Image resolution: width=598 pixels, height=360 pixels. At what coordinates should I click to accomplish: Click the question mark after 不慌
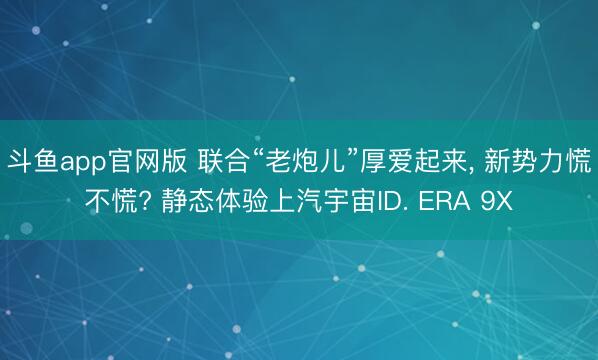pyautogui.click(x=147, y=201)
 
